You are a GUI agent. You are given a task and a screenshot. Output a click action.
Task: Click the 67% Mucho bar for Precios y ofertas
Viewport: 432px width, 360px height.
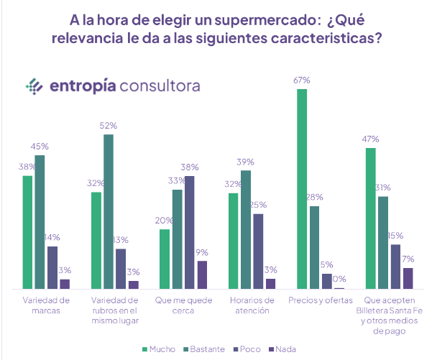pos(301,188)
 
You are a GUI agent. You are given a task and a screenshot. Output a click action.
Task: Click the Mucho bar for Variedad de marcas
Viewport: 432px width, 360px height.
pos(27,232)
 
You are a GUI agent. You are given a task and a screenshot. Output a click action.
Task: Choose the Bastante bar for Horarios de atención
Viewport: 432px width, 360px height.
pos(246,229)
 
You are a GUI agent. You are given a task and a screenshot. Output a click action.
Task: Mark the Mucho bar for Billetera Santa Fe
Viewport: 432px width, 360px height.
pos(370,218)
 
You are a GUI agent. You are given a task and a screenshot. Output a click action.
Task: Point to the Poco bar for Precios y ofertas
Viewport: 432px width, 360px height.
pos(327,281)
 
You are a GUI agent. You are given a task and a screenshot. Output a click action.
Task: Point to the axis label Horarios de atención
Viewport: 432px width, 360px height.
pos(249,305)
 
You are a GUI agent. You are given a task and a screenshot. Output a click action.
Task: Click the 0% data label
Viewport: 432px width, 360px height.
pos(339,279)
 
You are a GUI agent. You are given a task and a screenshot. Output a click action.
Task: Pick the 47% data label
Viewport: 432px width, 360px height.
pos(371,139)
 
